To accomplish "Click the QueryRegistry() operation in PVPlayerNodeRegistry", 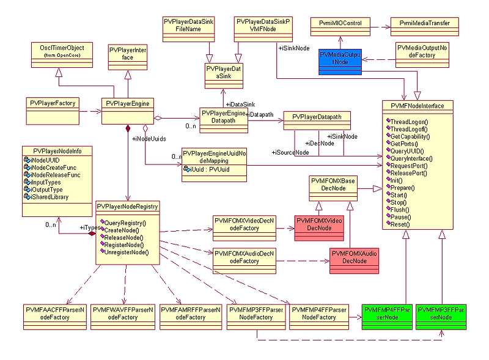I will (x=125, y=222).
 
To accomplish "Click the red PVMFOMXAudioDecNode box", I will (x=349, y=256).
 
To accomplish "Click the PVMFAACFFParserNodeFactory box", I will (x=54, y=314).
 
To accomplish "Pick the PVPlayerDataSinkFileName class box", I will (x=189, y=25).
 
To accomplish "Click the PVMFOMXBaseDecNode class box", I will (x=333, y=185).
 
